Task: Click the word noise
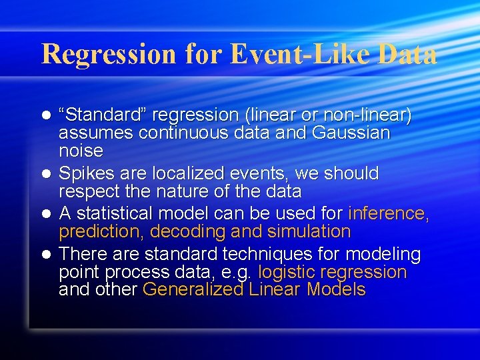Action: point(81,150)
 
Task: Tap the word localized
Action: point(185,173)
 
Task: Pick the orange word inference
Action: point(388,213)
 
